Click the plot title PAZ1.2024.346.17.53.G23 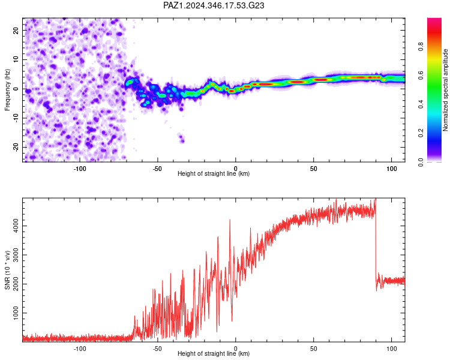(214, 5)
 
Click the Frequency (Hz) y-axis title (7, 90)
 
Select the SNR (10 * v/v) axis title (7, 270)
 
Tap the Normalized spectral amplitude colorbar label (445, 90)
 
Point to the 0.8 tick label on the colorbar (421, 46)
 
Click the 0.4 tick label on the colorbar (421, 104)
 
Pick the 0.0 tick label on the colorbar (421, 162)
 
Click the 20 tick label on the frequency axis (16, 31)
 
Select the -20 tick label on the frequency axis (16, 147)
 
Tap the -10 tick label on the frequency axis (16, 118)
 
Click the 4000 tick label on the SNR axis (16, 226)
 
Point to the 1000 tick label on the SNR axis (16, 313)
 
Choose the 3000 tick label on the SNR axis (16, 255)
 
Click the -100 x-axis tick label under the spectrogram (79, 169)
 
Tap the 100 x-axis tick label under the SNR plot (391, 349)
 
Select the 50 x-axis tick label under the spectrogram (313, 169)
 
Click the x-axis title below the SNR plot (214, 353)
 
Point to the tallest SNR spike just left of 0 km (230, 220)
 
